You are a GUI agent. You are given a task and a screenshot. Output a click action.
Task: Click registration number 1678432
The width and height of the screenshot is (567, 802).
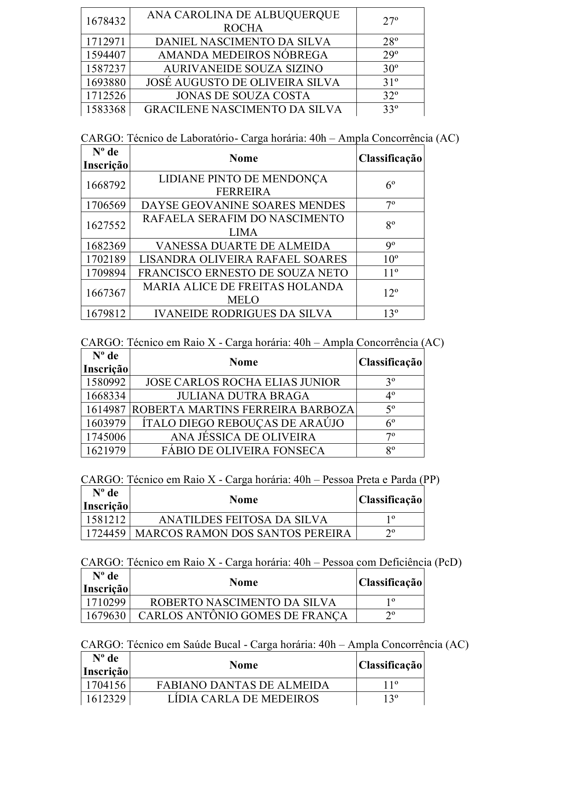[106, 21]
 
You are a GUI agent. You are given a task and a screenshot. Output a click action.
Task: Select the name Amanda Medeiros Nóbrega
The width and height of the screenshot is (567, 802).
[243, 55]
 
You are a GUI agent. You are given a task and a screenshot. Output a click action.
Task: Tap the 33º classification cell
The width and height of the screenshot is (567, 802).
[390, 109]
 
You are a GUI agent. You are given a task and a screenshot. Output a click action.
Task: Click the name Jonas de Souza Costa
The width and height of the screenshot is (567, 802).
[243, 96]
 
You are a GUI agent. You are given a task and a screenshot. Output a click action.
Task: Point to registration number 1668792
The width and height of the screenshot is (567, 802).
[106, 185]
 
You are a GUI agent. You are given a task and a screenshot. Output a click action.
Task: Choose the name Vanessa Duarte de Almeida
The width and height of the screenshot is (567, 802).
[243, 246]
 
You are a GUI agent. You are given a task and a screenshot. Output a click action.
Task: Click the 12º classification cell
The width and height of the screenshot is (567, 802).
[390, 293]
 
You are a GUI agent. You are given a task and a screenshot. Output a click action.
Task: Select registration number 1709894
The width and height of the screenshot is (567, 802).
[106, 273]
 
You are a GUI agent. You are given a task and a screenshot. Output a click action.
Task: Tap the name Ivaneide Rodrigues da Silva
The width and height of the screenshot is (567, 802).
[243, 313]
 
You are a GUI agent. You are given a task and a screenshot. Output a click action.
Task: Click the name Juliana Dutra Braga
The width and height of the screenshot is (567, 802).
[243, 396]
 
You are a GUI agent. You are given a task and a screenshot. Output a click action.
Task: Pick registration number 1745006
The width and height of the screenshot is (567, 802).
[106, 437]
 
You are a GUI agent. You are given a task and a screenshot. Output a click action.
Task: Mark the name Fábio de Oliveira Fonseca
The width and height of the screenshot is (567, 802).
[243, 451]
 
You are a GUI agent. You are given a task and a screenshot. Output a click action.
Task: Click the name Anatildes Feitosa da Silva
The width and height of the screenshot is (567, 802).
[243, 520]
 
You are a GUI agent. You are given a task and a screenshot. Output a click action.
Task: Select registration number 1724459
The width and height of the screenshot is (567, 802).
[106, 533]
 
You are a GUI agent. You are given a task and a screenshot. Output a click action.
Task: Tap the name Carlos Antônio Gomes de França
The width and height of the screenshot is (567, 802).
[243, 616]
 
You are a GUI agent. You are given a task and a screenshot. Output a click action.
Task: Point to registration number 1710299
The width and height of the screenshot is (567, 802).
[106, 602]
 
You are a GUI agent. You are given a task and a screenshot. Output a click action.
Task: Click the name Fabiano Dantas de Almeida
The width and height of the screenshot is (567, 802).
[243, 685]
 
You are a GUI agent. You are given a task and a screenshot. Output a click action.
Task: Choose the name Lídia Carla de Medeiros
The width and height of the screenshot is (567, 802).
[243, 699]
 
